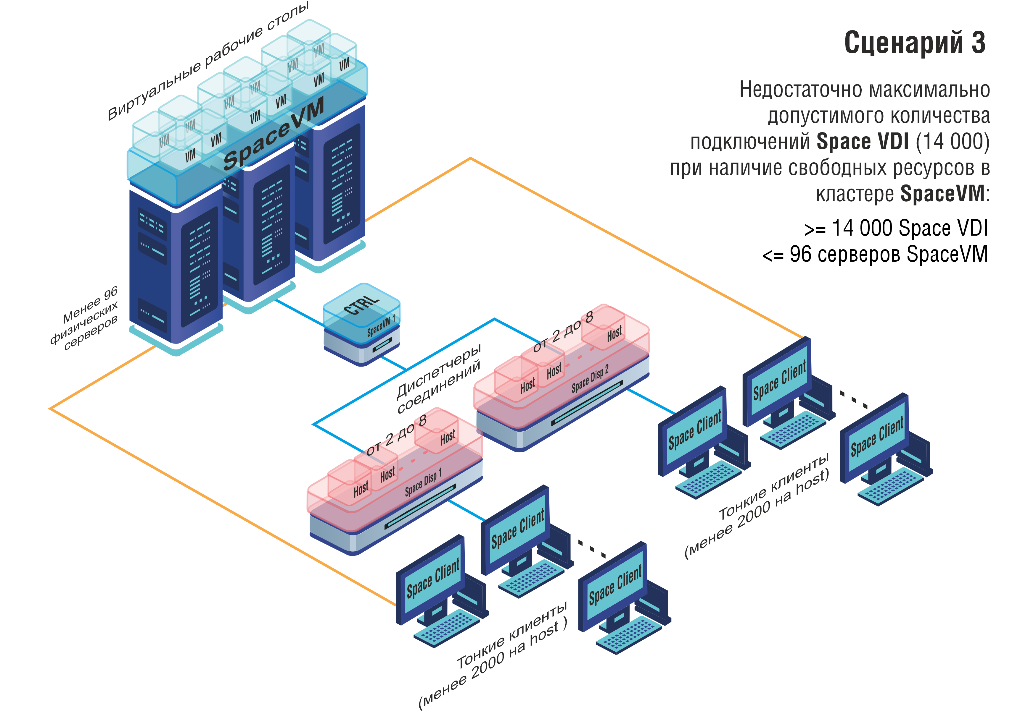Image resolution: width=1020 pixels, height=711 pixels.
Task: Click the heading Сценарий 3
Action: (914, 43)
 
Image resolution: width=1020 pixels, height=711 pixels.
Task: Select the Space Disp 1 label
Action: (423, 482)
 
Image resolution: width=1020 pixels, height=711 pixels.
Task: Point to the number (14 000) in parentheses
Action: (953, 142)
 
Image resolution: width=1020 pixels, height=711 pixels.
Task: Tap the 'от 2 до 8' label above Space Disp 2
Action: (563, 332)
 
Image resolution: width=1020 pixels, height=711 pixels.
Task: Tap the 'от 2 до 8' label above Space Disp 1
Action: (396, 435)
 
